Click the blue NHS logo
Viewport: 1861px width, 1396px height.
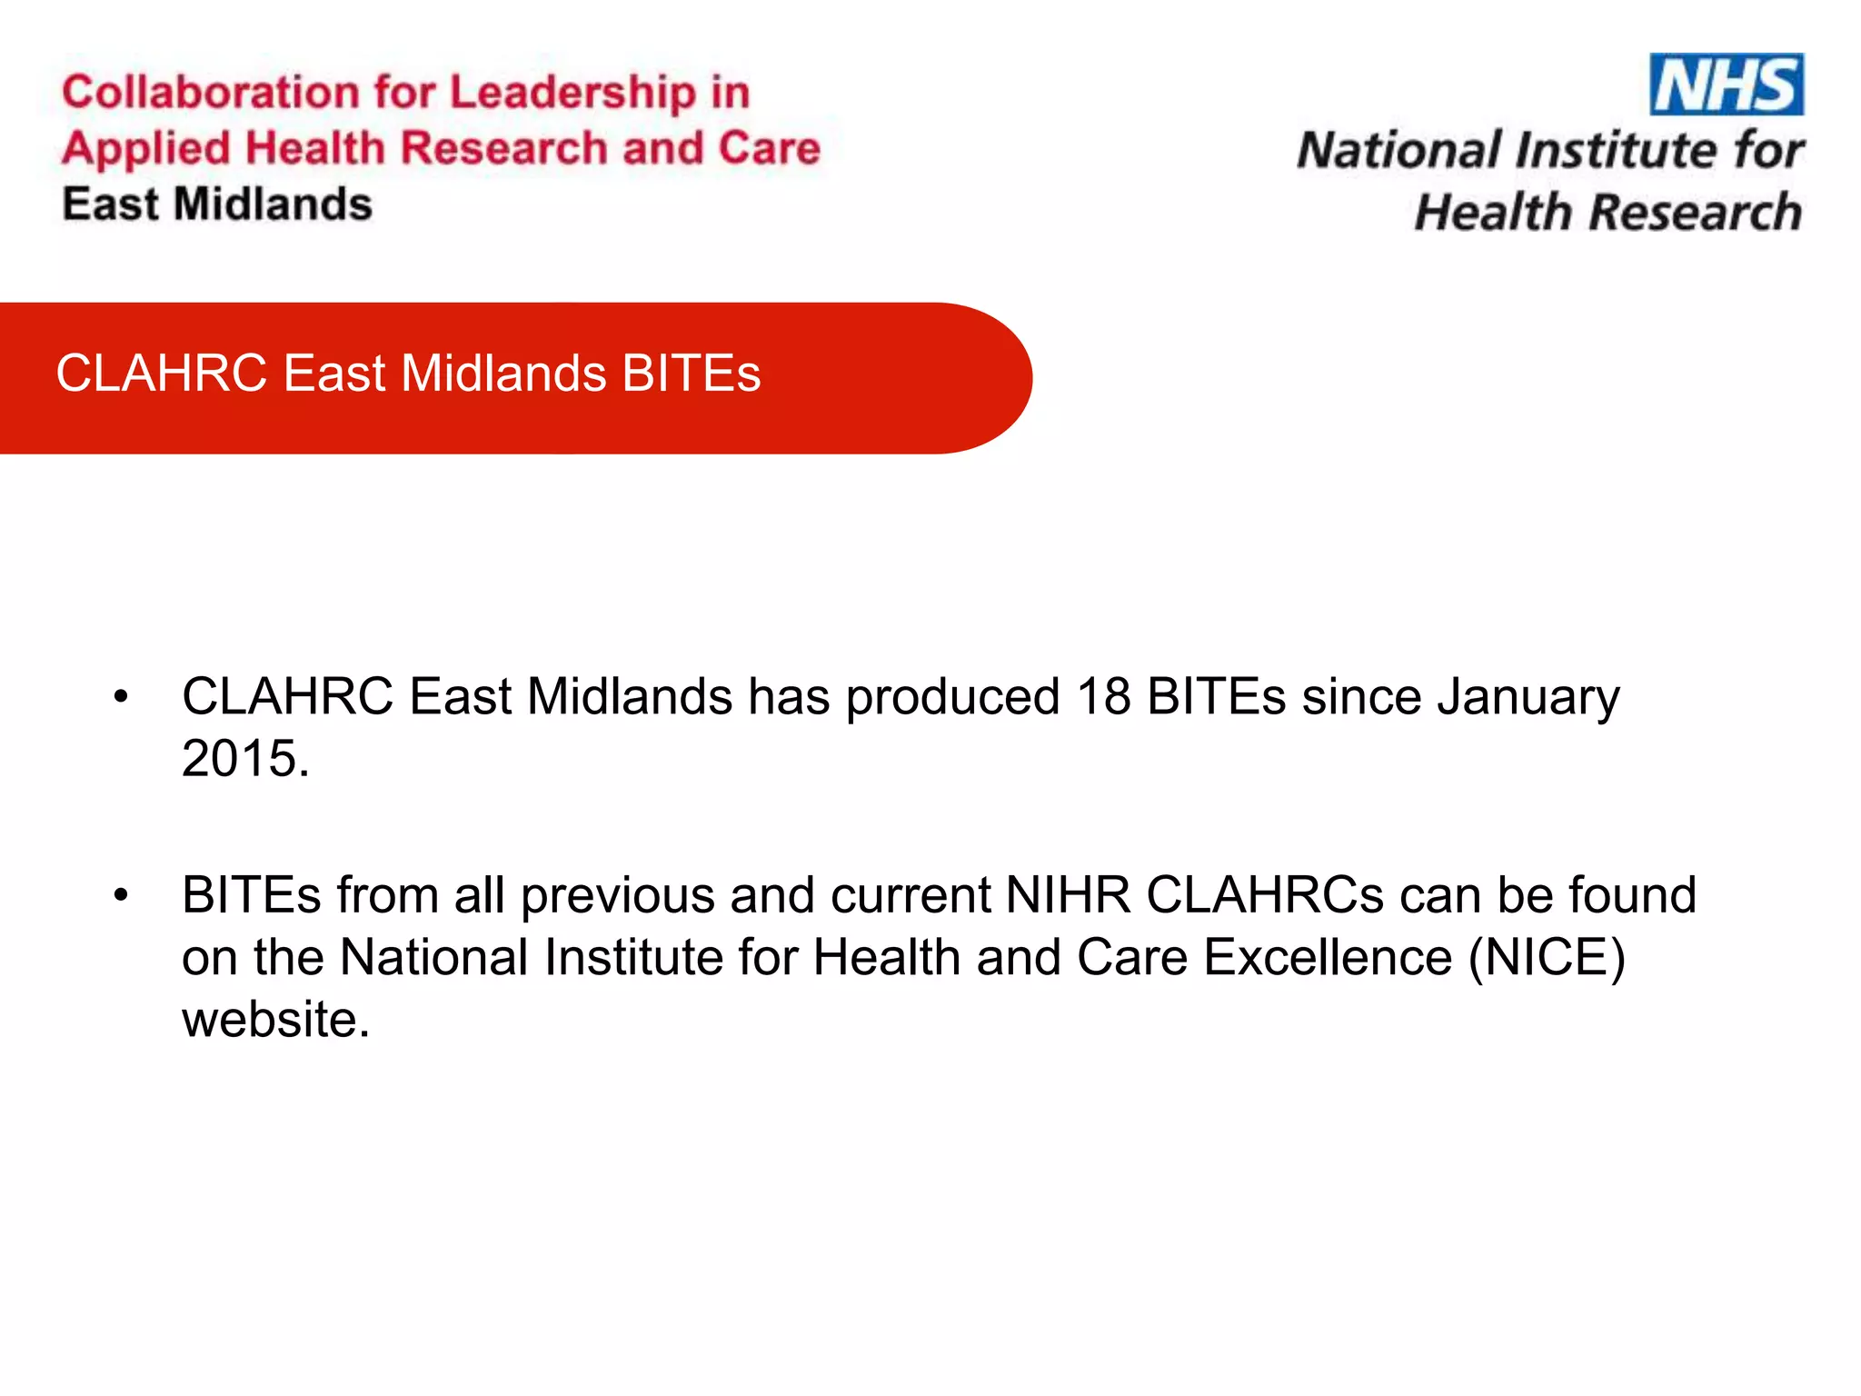point(1727,85)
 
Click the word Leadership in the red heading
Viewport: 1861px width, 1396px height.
point(572,93)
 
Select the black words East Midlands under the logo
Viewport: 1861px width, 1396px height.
point(217,204)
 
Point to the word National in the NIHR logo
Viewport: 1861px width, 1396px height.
point(1399,150)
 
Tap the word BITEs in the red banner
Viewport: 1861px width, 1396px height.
point(692,374)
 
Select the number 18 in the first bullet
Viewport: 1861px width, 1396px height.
point(1104,697)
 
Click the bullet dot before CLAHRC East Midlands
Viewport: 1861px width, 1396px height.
point(122,698)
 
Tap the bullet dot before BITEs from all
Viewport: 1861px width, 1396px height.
point(122,896)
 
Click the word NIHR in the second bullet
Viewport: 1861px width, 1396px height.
point(1068,895)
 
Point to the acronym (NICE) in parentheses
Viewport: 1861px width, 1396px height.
point(1547,958)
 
